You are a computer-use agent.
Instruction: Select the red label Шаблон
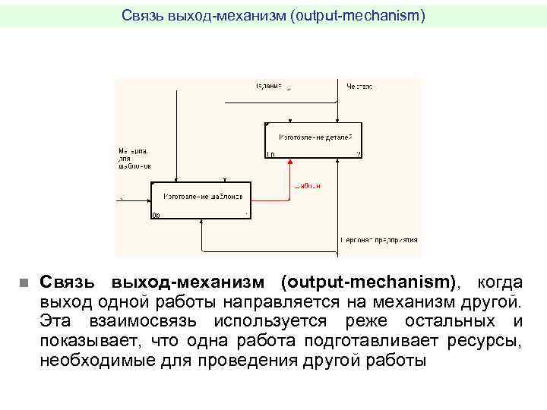click(308, 186)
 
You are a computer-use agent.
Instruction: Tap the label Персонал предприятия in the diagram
click(378, 241)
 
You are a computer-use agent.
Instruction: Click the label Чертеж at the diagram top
click(359, 86)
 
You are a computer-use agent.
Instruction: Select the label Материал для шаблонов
click(134, 159)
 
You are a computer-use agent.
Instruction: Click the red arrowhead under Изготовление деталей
click(290, 162)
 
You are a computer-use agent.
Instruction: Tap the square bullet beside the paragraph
click(23, 283)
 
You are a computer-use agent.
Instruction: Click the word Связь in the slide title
click(141, 14)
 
